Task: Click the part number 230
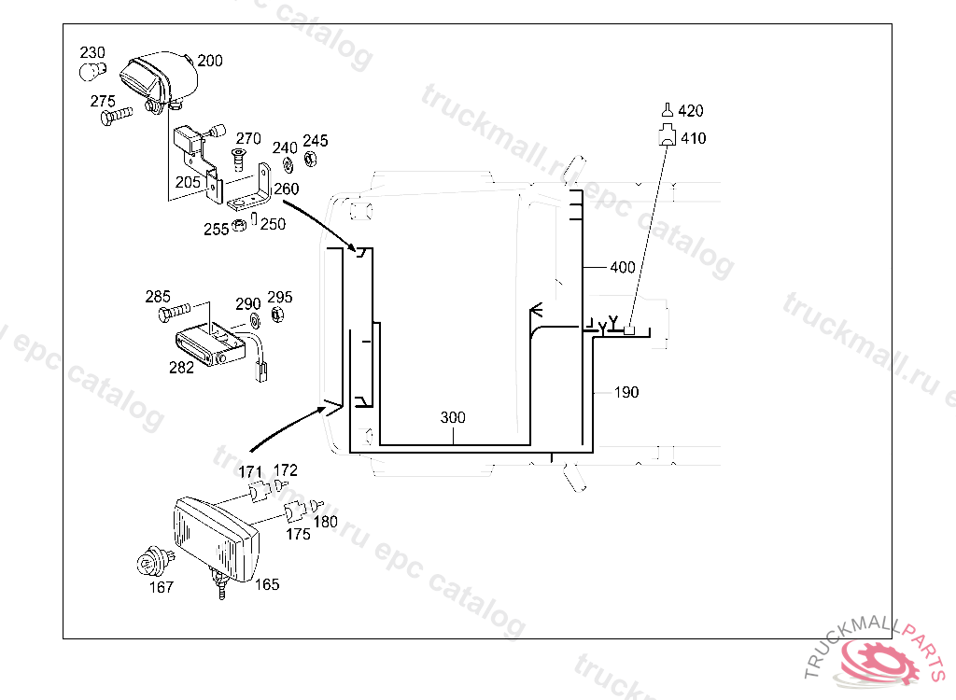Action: pos(92,53)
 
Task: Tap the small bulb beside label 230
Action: pos(92,71)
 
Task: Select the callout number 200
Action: pos(210,61)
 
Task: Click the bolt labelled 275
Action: pos(117,115)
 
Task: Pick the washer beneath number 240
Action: pos(288,164)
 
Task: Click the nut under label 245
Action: pos(310,159)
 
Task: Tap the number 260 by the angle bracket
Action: pos(286,189)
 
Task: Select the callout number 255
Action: pos(216,230)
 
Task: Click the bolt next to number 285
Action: pos(175,312)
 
